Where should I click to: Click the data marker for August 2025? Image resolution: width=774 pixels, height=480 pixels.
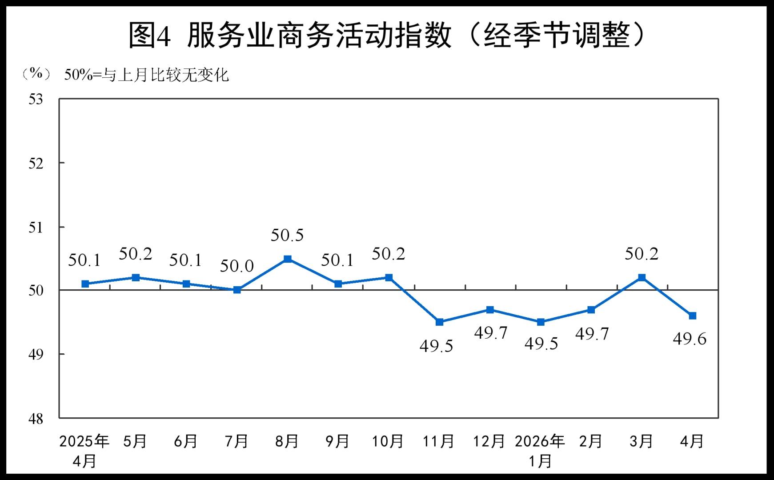pos(288,259)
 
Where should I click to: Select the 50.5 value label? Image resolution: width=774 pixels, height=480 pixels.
pos(287,235)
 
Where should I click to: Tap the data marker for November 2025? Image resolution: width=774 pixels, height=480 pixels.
pos(439,322)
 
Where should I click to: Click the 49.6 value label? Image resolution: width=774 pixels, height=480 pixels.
pos(690,339)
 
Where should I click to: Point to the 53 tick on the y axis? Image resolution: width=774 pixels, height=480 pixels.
pos(36,99)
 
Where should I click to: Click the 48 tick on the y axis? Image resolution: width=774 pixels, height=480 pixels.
pos(36,418)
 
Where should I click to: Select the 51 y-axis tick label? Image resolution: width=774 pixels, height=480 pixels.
pos(36,228)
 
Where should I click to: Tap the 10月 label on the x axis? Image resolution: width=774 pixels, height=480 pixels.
pos(388,441)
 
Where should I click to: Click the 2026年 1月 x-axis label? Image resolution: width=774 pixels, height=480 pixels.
pos(540,451)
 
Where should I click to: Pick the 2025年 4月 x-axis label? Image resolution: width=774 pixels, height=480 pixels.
pos(84,451)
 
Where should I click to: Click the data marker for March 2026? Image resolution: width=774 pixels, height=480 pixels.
pos(642,277)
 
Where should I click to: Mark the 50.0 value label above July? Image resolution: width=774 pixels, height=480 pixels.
pos(237,266)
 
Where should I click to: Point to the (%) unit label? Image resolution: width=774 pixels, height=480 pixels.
pos(36,73)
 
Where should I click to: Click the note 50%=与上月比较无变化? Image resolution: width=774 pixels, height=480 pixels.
pos(146,75)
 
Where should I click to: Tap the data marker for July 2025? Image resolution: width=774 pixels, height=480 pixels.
pos(237,290)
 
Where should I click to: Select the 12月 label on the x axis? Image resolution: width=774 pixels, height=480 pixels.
pos(489,441)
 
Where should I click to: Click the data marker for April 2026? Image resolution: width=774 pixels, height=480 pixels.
pos(692,316)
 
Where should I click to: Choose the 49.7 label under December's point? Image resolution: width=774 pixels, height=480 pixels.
pos(490,332)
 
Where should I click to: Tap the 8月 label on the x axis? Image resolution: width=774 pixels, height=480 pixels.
pos(287,441)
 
